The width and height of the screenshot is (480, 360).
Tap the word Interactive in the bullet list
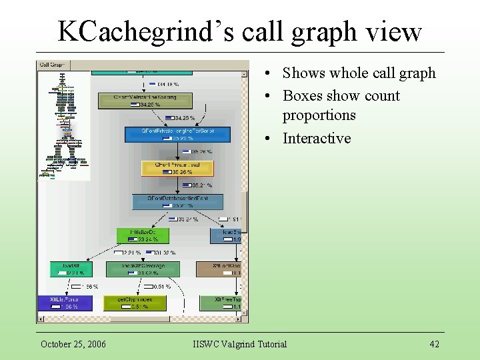pyautogui.click(x=317, y=138)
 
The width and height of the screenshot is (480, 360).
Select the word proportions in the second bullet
pyautogui.click(x=319, y=115)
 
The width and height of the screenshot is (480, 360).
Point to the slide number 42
pyautogui.click(x=434, y=344)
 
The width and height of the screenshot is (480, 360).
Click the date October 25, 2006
pyautogui.click(x=73, y=344)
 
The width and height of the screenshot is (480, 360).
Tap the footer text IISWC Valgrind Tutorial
pyautogui.click(x=239, y=344)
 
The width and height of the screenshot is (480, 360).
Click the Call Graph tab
pyautogui.click(x=53, y=65)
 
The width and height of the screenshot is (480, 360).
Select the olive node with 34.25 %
pyautogui.click(x=145, y=101)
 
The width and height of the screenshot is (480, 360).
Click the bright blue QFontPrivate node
pyautogui.click(x=177, y=135)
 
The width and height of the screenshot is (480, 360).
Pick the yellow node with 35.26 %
pyautogui.click(x=177, y=168)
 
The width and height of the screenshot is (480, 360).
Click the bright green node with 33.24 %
pyautogui.click(x=142, y=235)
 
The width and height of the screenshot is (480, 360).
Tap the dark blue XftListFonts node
pyautogui.click(x=65, y=303)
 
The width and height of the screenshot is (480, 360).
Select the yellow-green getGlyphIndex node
pyautogui.click(x=135, y=303)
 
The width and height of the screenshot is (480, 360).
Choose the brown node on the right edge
pyautogui.click(x=222, y=269)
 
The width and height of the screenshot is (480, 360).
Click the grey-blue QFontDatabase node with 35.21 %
pyautogui.click(x=177, y=201)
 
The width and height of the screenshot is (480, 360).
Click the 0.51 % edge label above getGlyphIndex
pyautogui.click(x=161, y=287)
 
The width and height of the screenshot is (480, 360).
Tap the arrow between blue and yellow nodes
pyautogui.click(x=177, y=151)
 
